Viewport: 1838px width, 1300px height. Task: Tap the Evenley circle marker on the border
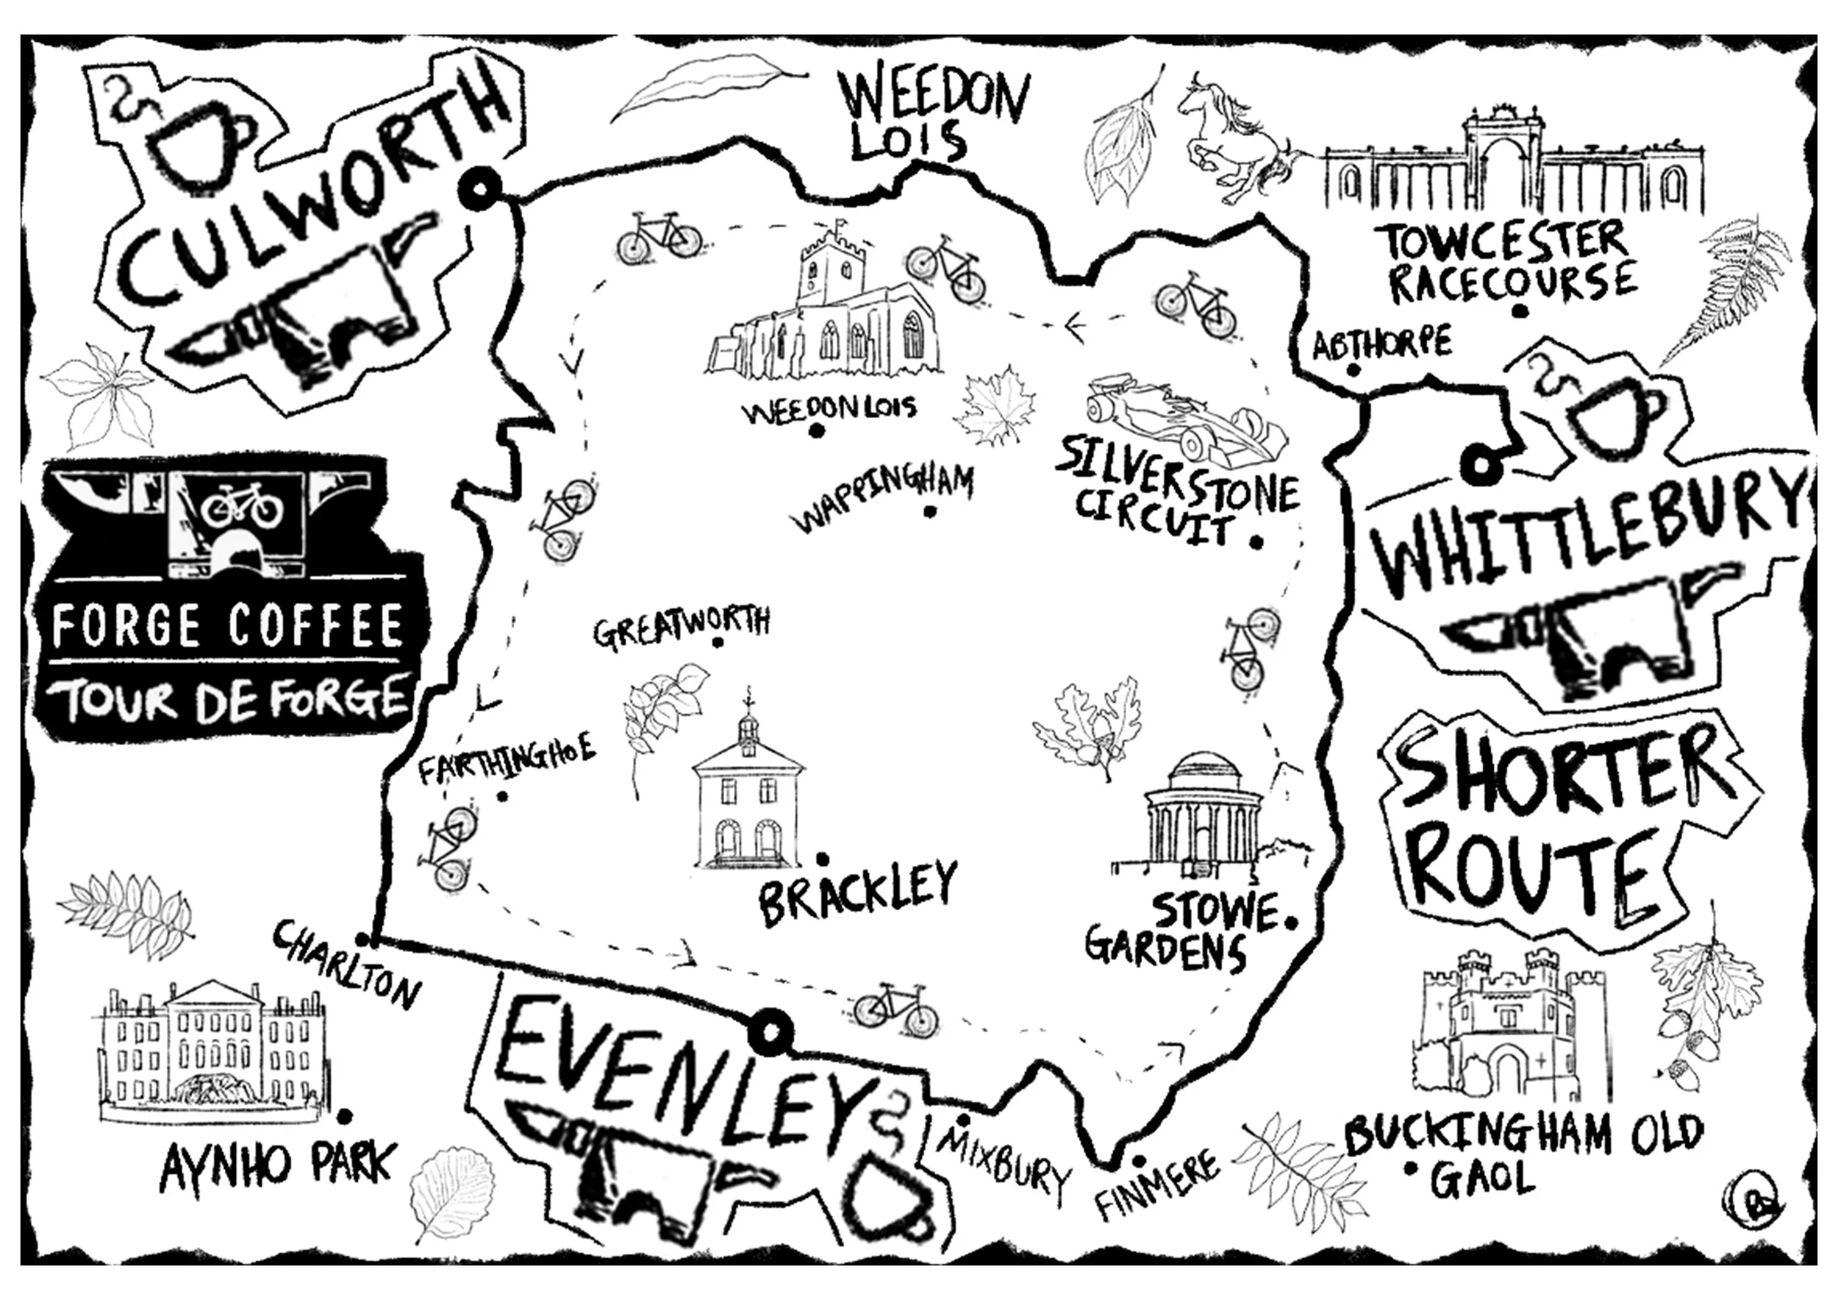pos(769,1033)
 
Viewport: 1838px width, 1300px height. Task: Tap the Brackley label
pos(857,892)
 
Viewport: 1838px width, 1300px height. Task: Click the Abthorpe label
pos(1381,344)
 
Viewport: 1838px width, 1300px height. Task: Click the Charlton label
pos(346,965)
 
